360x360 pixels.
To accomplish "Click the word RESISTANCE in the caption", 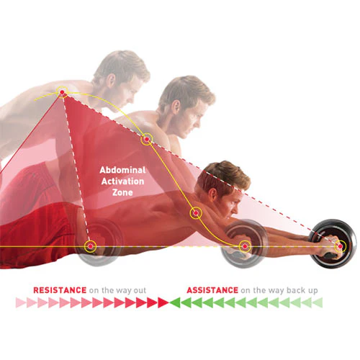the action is pos(60,290).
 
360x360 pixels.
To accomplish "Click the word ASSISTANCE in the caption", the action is pos(212,290).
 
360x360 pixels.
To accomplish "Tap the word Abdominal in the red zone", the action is pos(122,170).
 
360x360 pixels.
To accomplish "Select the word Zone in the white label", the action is pos(122,192).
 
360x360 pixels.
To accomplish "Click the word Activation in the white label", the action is pos(122,181).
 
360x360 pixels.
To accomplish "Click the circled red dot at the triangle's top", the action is pos(62,92).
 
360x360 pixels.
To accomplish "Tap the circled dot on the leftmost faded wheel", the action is pos(90,246).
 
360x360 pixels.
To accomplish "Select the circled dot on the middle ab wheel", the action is pos(245,246).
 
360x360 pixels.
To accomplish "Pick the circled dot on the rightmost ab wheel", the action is pos(340,246).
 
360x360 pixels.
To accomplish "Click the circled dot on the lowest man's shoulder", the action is pos(196,213).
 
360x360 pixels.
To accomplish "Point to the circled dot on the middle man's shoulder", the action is pos(147,139).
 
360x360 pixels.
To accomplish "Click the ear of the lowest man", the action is pos(212,195).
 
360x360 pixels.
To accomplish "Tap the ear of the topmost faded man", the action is pos(111,80).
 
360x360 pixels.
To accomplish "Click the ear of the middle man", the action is pos(176,107).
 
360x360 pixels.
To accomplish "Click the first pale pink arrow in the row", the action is pos(21,302).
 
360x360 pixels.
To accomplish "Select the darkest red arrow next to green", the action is pos(163,302).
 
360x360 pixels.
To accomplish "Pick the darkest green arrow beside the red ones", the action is pos(175,302).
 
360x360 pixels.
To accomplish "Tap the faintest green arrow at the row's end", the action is pos(318,302).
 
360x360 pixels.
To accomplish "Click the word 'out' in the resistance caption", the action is pos(140,291).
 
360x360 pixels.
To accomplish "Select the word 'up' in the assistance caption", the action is pos(312,291).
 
